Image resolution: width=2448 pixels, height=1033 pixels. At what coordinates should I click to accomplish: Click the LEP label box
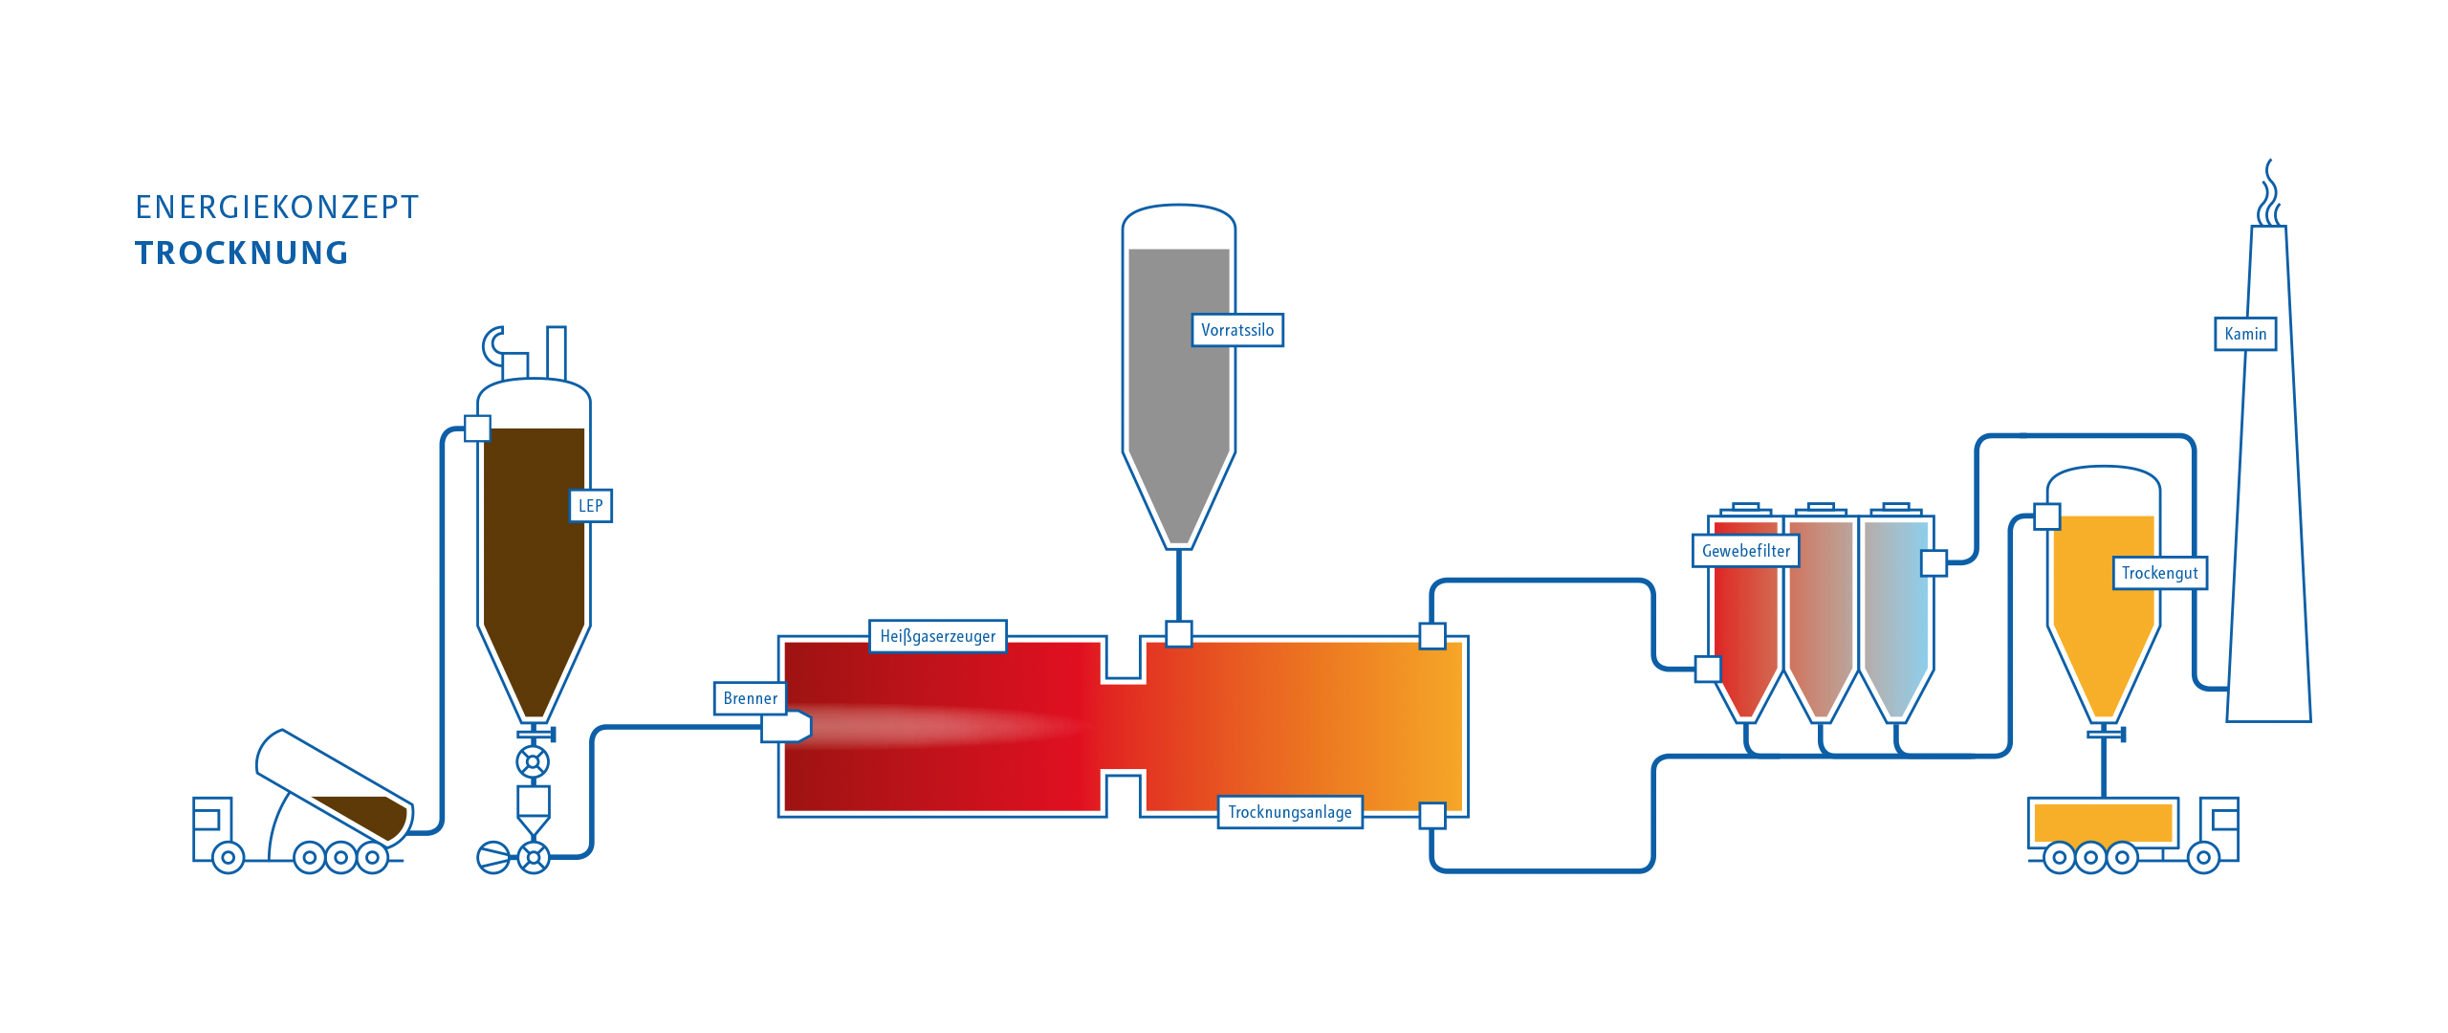pos(591,506)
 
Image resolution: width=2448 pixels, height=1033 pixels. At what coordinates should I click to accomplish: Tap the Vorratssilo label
pos(1237,330)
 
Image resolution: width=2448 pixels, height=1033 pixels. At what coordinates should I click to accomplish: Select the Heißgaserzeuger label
pos(937,636)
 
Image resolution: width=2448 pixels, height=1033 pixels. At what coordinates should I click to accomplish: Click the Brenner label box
pos(751,698)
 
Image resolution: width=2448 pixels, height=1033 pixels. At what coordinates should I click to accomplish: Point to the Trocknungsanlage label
pos(1290,812)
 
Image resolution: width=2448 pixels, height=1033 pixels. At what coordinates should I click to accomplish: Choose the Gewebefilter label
pos(1746,551)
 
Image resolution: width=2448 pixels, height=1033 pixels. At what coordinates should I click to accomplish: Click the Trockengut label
pos(2159,573)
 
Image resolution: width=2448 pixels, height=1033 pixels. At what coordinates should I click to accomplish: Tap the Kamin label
pos(2245,334)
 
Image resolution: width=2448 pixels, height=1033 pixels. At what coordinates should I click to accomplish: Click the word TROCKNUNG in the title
pos(242,253)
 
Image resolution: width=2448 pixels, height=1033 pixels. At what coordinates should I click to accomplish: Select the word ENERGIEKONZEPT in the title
pos(276,208)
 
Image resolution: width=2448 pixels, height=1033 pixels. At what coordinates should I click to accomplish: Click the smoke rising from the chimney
pos(2269,194)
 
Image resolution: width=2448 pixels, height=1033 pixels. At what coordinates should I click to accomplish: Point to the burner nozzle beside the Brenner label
pos(786,727)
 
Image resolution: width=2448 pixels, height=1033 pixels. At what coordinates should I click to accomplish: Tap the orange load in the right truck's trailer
pos(2104,823)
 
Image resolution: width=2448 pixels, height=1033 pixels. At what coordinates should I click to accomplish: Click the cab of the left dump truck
pos(212,828)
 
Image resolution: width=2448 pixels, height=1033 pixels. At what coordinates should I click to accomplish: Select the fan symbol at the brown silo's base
pos(493,857)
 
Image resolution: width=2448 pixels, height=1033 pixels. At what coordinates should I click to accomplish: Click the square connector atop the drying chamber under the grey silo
pos(1179,633)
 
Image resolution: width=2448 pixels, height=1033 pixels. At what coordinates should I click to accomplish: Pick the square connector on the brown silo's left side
pos(477,428)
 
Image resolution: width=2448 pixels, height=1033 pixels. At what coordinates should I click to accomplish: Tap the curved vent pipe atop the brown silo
pos(493,346)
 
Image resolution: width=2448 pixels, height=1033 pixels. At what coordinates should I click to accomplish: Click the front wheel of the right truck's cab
pos(2203,857)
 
